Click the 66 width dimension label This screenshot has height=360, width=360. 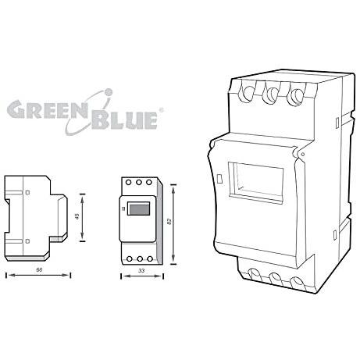[39, 269]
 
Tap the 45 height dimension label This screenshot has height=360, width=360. [77, 216]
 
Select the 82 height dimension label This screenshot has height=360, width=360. [169, 222]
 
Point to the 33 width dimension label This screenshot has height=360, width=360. [141, 271]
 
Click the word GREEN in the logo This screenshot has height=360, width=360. [47, 109]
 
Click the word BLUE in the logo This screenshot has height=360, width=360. [124, 120]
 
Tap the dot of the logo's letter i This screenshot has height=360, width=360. [109, 92]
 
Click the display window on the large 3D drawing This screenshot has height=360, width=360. [255, 182]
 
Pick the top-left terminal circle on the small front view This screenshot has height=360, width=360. [128, 182]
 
